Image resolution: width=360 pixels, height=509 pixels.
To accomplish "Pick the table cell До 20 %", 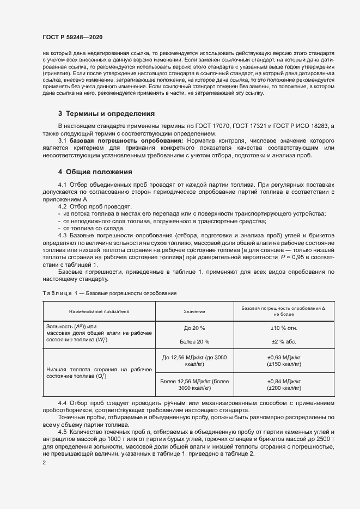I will (194, 328).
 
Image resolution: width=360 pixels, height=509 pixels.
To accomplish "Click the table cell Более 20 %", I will (194, 341).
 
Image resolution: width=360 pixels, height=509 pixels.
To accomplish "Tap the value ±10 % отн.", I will (284, 328).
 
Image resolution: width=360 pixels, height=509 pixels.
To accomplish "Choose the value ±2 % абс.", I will (284, 341).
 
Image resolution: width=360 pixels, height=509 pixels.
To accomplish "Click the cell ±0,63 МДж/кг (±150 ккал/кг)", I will (284, 360).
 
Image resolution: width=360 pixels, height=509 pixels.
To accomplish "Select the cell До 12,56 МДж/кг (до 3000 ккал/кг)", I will (194, 360).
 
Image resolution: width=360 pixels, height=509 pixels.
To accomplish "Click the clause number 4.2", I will (63, 206).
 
